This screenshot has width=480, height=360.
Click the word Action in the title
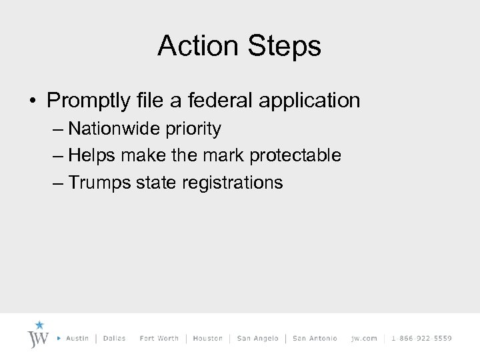tap(198, 47)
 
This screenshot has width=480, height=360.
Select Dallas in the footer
tap(115, 338)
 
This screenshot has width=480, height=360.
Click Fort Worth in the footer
tap(159, 338)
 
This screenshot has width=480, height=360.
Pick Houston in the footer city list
tap(207, 338)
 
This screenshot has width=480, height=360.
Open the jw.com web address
tap(364, 338)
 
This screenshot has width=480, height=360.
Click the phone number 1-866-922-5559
tap(421, 338)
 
